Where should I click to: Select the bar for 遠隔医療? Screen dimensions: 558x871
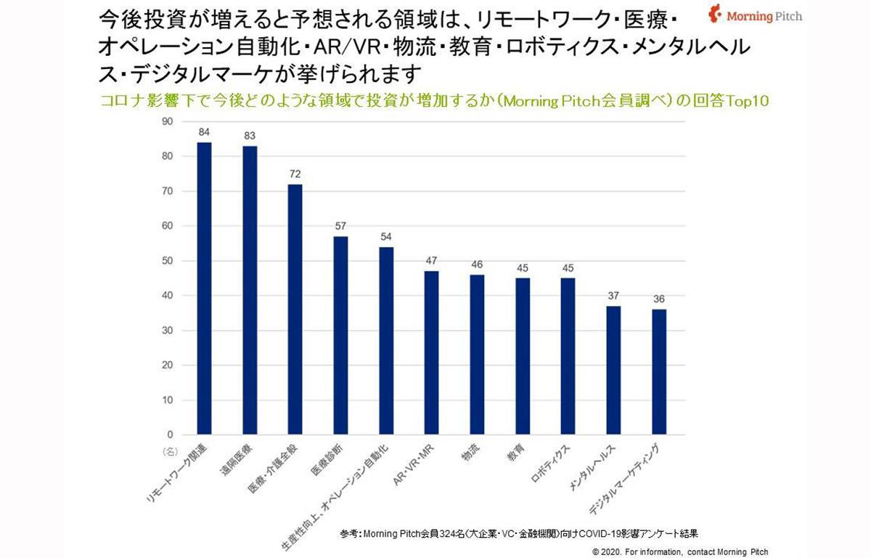click(250, 291)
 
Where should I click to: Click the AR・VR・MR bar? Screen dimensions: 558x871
click(432, 353)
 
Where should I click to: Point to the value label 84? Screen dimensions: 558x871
click(205, 132)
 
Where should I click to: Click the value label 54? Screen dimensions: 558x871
click(386, 237)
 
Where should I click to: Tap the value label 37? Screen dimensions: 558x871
click(613, 296)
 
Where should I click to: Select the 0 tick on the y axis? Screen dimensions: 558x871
click(169, 434)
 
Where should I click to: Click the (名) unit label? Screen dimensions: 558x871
click(168, 451)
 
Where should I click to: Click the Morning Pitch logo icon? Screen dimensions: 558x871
click(715, 15)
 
